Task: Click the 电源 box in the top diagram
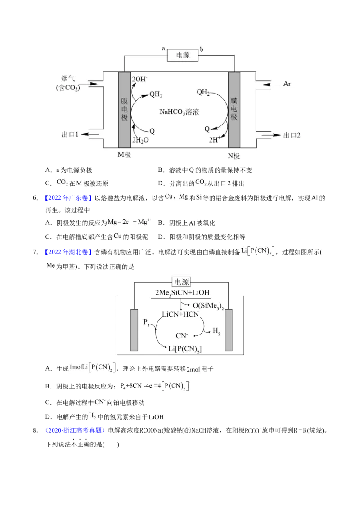click(182, 56)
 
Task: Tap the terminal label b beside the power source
click(202, 49)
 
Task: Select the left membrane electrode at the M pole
click(125, 110)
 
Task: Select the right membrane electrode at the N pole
click(234, 110)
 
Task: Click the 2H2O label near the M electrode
click(140, 140)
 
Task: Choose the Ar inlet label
click(288, 84)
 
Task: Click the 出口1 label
click(70, 134)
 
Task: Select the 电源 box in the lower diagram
click(182, 282)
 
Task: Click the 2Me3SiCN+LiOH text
click(182, 292)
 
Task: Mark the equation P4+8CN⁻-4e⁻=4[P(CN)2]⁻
click(157, 386)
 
